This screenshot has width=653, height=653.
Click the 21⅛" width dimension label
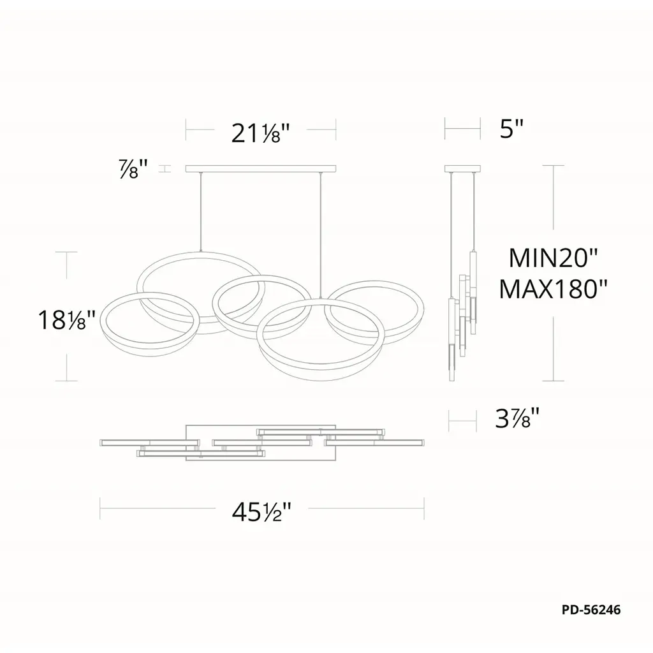(260, 133)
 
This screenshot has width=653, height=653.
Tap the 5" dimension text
(511, 129)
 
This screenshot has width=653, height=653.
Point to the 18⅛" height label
(66, 320)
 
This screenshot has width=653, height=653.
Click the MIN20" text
(553, 258)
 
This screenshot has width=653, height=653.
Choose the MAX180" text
(553, 289)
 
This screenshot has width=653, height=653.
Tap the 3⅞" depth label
(517, 418)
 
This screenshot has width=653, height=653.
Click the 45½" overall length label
(261, 512)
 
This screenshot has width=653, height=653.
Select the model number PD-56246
(591, 610)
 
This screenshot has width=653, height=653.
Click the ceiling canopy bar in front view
(261, 168)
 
